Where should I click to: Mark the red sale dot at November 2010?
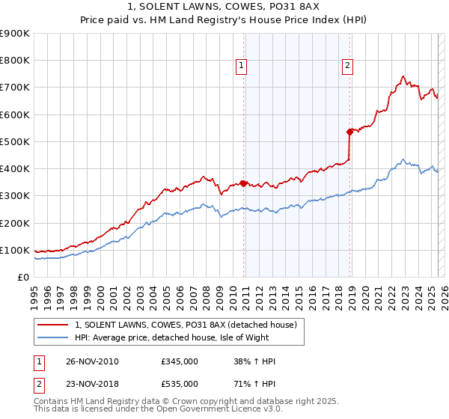(x=243, y=183)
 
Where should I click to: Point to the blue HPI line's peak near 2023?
(x=403, y=159)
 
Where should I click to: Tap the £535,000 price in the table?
(x=180, y=384)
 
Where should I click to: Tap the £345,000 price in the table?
(x=180, y=361)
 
